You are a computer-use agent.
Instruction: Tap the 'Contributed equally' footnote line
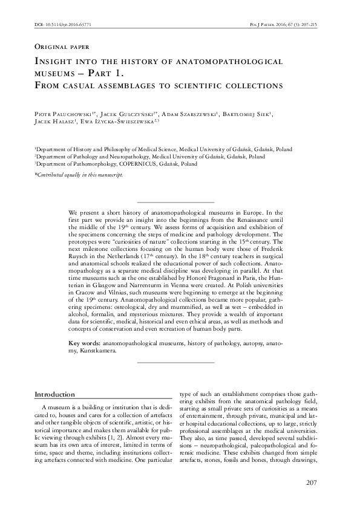coord(78,174)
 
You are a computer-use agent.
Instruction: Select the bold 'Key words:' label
coord(85,343)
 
